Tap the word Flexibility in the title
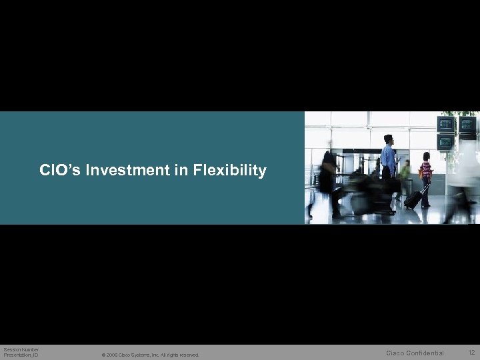click(x=230, y=171)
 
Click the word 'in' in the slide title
click(x=182, y=171)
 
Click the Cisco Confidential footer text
click(x=415, y=353)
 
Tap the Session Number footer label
click(x=21, y=349)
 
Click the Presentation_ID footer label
click(x=21, y=355)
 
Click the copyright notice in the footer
click(x=150, y=355)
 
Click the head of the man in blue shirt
click(x=389, y=139)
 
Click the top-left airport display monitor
click(x=445, y=125)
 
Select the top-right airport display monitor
click(x=467, y=125)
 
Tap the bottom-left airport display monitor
click(x=445, y=141)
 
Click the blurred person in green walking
click(x=405, y=170)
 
